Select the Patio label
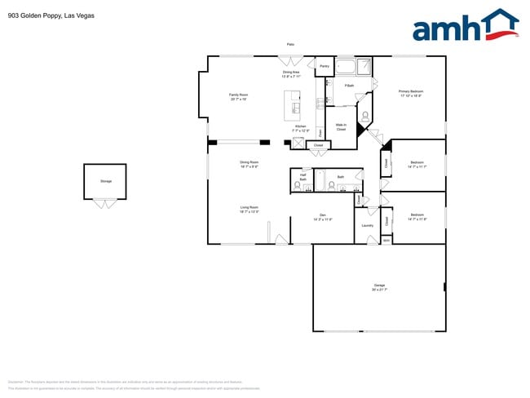tap(290, 44)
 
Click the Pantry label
tap(324, 65)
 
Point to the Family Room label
tap(238, 97)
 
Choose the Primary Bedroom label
tap(410, 93)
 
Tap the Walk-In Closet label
tap(341, 127)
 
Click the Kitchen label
tap(301, 128)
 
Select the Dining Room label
tap(250, 164)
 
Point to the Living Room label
tap(250, 210)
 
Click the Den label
tap(323, 218)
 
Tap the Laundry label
tap(367, 225)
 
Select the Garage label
tap(379, 286)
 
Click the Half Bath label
tap(303, 176)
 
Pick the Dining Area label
tap(291, 73)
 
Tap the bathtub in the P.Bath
tap(346, 66)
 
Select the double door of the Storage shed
tap(105, 202)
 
